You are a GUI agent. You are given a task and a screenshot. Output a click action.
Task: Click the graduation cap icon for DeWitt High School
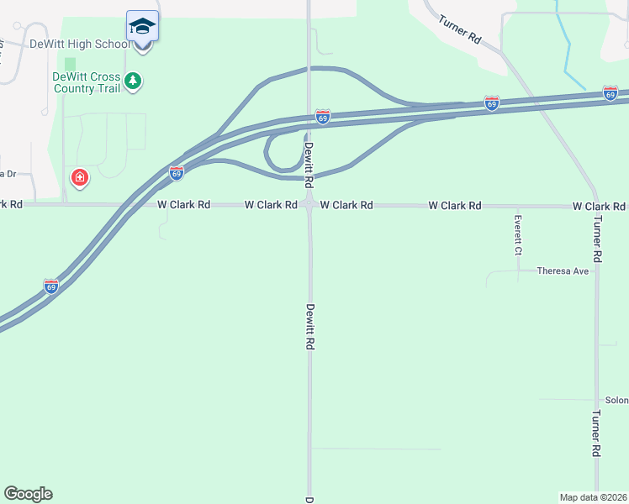pyautogui.click(x=142, y=25)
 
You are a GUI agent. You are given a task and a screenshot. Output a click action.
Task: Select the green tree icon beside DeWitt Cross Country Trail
pyautogui.click(x=132, y=81)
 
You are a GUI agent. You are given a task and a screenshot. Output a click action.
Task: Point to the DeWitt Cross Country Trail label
pyautogui.click(x=85, y=81)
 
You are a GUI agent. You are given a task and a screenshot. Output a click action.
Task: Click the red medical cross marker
pyautogui.click(x=80, y=178)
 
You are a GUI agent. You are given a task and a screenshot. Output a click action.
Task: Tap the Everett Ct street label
pyautogui.click(x=519, y=236)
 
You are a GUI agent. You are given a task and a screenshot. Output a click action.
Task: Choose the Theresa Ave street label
pyautogui.click(x=563, y=271)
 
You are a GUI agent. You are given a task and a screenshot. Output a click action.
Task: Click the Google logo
pyautogui.click(x=28, y=494)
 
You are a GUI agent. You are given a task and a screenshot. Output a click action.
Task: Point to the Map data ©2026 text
pyautogui.click(x=593, y=497)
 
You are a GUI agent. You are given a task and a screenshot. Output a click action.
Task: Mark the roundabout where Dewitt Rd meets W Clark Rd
pyautogui.click(x=309, y=204)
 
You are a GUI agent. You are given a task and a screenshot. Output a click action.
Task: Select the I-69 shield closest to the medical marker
pyautogui.click(x=177, y=172)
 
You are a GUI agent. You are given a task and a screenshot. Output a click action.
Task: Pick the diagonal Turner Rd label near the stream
pyautogui.click(x=460, y=31)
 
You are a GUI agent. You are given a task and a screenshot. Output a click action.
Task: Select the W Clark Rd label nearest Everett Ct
pyautogui.click(x=454, y=206)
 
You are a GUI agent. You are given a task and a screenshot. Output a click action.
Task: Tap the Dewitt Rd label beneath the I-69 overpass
pyautogui.click(x=309, y=164)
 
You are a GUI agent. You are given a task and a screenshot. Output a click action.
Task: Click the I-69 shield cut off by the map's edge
pyautogui.click(x=610, y=93)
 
